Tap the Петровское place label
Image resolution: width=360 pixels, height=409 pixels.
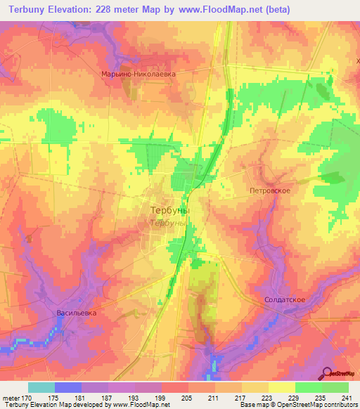(x=270, y=190)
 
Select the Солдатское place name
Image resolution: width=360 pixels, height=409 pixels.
(x=285, y=299)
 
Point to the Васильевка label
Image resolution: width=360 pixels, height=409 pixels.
(x=76, y=311)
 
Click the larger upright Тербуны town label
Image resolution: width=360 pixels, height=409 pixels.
(x=170, y=209)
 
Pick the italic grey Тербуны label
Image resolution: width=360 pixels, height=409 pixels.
(x=169, y=223)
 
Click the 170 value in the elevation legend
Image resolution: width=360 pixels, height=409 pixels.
(x=27, y=398)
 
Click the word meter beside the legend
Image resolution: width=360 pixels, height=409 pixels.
(x=11, y=398)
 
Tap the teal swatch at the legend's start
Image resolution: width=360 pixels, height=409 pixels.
(x=41, y=387)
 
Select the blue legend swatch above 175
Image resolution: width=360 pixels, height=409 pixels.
(x=67, y=387)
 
